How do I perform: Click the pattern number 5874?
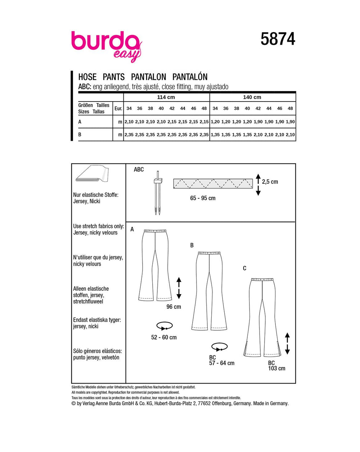278,39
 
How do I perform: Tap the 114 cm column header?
166,97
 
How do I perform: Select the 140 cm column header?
252,97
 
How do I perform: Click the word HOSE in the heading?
87,77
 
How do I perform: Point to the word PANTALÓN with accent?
190,77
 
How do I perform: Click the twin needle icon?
157,193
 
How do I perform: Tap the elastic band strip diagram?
213,184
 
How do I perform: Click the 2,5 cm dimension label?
270,182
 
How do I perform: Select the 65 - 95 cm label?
203,198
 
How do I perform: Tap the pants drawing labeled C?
262,317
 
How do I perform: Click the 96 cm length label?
174,307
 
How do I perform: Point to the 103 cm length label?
276,368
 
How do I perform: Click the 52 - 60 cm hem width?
164,337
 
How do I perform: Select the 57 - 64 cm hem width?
222,363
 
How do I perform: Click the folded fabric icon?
92,175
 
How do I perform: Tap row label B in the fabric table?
80,135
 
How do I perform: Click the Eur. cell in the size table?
118,108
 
